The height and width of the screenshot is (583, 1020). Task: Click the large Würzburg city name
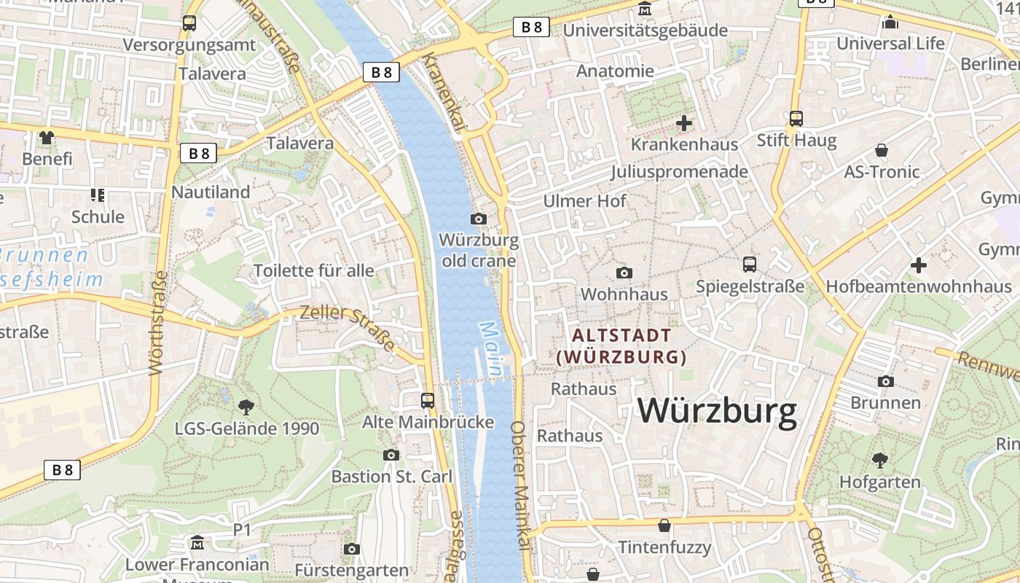[x=718, y=411]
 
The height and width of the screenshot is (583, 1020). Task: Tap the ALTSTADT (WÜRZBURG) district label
[x=621, y=346]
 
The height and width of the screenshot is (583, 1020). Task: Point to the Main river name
[x=490, y=349]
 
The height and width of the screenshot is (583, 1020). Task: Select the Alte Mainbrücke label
[x=428, y=422]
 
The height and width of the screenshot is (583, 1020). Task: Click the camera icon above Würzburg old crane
[x=479, y=219]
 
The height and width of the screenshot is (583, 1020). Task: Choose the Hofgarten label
[x=880, y=482]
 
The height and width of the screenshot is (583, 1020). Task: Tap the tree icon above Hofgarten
[x=880, y=460]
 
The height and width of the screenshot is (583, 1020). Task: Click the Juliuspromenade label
[x=679, y=172]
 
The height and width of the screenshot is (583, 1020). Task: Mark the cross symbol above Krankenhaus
[x=684, y=123]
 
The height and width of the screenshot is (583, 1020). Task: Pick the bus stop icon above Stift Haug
[x=796, y=118]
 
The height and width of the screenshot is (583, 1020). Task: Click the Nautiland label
[x=211, y=192]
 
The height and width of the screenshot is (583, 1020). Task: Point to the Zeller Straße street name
[x=348, y=326]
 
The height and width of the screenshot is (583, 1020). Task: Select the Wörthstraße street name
[x=159, y=324]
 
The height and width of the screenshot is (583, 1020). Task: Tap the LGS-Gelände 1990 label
[x=247, y=428]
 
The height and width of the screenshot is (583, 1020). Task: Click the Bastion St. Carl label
[x=392, y=477]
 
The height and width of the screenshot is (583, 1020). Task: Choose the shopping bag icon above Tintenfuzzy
[x=664, y=525]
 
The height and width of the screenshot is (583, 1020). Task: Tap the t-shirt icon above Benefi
[x=47, y=137]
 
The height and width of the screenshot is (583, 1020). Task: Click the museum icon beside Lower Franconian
[x=197, y=543]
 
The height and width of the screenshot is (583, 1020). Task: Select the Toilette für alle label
[x=314, y=271]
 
